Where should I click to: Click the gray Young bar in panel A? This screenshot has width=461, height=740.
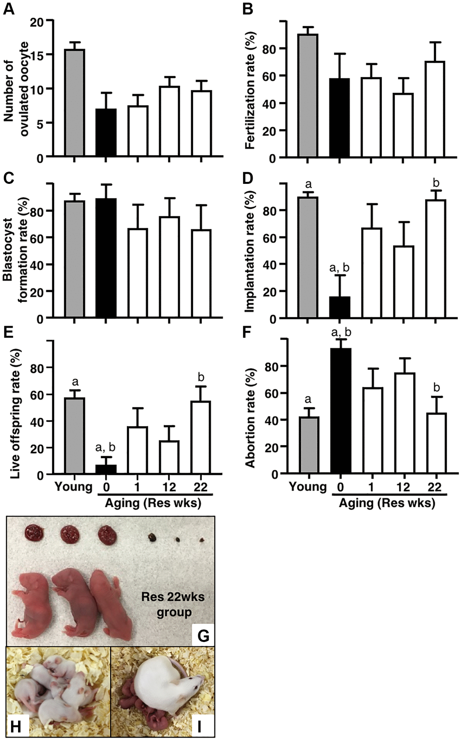[75, 103]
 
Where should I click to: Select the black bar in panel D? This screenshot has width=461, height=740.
[340, 307]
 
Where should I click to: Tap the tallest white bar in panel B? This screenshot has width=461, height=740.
[434, 109]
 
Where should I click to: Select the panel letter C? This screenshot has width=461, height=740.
[8, 178]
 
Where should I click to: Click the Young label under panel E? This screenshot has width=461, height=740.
[74, 487]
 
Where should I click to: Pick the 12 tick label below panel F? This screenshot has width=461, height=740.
[403, 487]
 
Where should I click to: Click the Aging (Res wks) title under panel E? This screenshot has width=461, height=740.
[153, 503]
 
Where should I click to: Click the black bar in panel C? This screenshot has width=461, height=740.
[106, 258]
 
